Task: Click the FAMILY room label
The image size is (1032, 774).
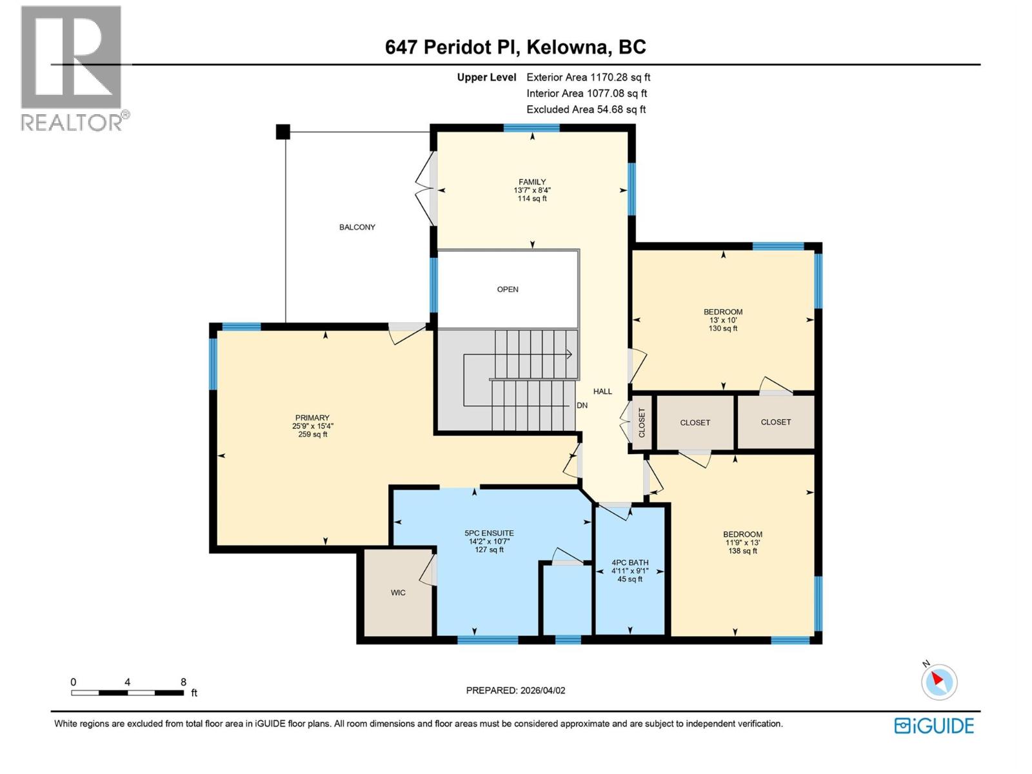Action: click(532, 183)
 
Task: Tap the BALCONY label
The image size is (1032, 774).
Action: click(357, 227)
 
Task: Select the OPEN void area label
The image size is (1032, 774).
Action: click(508, 290)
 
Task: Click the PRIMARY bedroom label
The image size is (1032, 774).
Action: click(312, 418)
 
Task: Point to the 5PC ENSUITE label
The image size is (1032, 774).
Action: click(489, 533)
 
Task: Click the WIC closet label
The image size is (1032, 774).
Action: click(398, 593)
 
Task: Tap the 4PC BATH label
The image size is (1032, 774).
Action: click(630, 562)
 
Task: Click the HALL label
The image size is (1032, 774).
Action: click(602, 392)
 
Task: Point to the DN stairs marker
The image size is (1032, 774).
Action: click(582, 406)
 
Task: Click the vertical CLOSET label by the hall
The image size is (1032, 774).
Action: click(642, 422)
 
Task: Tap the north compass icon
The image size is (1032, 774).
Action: click(938, 681)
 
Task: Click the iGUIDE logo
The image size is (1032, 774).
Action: click(934, 726)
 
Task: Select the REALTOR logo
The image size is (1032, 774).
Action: click(72, 68)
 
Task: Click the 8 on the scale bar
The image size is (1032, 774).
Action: click(183, 682)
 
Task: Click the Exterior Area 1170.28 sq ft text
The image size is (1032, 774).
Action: click(588, 77)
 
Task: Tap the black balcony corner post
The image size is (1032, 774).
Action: click(283, 132)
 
